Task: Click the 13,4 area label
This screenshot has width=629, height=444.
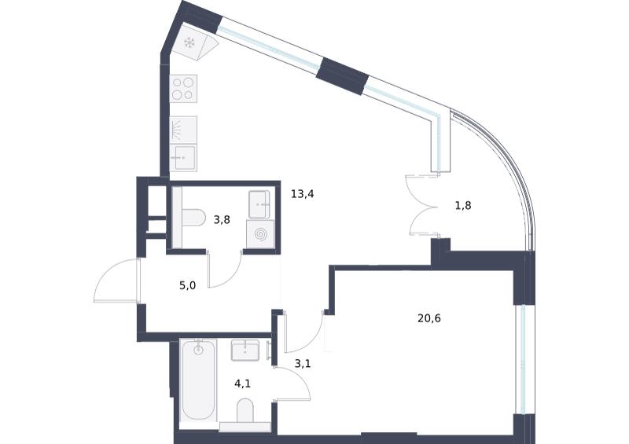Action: point(303,195)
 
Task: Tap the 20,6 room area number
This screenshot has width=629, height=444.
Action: point(429,318)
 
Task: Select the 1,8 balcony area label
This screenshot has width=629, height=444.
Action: point(463,206)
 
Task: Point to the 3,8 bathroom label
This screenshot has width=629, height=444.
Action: point(222,220)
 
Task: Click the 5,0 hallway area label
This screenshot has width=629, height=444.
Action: point(188,285)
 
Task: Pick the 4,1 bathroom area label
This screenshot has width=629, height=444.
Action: point(243,383)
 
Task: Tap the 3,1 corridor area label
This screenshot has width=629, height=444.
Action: point(303,364)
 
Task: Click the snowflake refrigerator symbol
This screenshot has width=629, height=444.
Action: point(189,42)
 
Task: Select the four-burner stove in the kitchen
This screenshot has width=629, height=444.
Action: point(183,89)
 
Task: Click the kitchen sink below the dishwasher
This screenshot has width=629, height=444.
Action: point(183,158)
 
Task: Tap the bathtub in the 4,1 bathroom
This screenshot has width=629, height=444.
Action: point(199,380)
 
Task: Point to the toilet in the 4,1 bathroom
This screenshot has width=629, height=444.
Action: point(245,410)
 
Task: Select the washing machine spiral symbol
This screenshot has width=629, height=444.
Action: point(260,234)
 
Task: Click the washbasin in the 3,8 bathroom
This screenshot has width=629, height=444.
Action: point(259,204)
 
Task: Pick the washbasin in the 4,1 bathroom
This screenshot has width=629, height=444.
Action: point(245,350)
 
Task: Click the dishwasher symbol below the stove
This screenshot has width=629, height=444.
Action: point(183,130)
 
